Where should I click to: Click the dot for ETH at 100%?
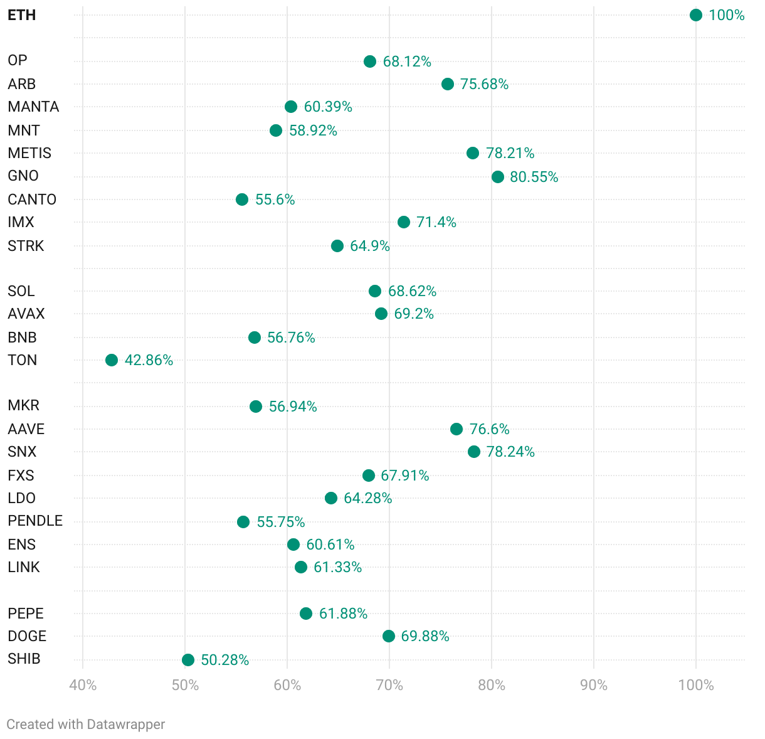pos(695,15)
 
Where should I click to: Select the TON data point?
pos(112,360)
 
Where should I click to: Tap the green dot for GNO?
pos(498,177)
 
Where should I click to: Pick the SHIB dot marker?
pos(188,660)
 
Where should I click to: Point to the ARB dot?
pos(448,84)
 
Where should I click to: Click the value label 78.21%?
pos(510,153)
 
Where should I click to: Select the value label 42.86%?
pos(149,360)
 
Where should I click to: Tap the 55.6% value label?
pos(275,199)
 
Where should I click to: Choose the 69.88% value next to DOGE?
pos(425,636)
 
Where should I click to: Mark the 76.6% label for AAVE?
pos(489,429)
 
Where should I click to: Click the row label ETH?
pos(22,15)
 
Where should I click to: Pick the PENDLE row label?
pos(35,521)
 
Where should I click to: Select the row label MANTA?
pos(33,107)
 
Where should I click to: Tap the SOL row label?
pos(21,291)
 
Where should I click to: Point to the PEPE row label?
pos(26,614)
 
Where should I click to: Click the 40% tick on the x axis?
pos(83,685)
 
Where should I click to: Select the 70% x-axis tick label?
pos(389,685)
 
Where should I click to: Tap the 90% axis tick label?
pos(594,685)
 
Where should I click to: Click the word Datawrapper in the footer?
pos(125,725)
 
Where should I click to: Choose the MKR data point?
pos(256,407)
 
